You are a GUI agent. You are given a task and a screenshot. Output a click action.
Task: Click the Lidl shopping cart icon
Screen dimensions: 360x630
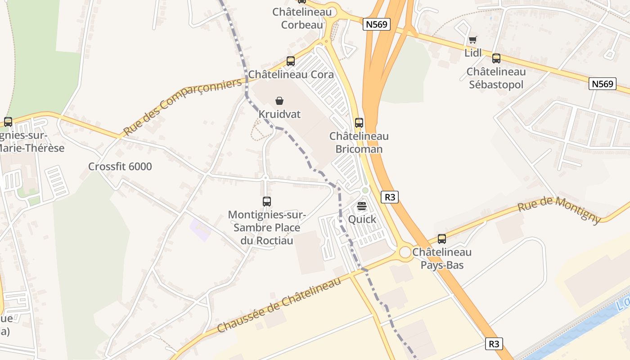point(472,40)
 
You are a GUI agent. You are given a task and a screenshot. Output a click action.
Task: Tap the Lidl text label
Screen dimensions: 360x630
point(473,53)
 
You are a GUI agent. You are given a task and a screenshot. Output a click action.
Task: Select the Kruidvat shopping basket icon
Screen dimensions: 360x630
point(279,100)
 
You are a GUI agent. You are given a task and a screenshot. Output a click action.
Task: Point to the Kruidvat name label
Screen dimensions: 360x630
point(279,114)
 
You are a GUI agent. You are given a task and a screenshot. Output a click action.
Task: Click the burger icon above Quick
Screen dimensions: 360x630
point(362,207)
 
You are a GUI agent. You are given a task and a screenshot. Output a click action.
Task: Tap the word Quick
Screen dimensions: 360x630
point(362,220)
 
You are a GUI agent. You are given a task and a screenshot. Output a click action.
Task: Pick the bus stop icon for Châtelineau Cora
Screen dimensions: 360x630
point(291,61)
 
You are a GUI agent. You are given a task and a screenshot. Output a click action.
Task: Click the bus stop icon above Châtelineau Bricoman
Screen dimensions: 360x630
point(359,122)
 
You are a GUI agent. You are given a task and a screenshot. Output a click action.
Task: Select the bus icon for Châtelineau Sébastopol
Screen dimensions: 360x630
point(496,58)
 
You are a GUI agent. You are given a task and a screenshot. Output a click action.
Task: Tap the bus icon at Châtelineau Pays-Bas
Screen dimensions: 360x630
point(442,239)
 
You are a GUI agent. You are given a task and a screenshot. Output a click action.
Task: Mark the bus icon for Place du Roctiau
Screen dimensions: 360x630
point(267,202)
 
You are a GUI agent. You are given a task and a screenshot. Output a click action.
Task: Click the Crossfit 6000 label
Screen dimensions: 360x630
point(120,166)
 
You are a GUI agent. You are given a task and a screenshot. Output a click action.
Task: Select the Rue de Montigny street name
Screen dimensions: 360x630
point(559,209)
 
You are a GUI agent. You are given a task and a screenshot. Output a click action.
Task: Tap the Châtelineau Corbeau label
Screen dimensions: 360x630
point(302,18)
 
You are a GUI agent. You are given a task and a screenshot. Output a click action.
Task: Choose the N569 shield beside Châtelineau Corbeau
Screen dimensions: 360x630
point(376,24)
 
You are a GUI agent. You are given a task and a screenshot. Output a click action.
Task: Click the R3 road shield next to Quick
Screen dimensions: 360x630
point(390,197)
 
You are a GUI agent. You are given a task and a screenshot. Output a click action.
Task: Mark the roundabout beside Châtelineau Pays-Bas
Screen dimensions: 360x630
point(405,252)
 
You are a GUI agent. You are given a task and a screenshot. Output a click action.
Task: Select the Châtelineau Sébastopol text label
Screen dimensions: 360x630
point(496,78)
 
